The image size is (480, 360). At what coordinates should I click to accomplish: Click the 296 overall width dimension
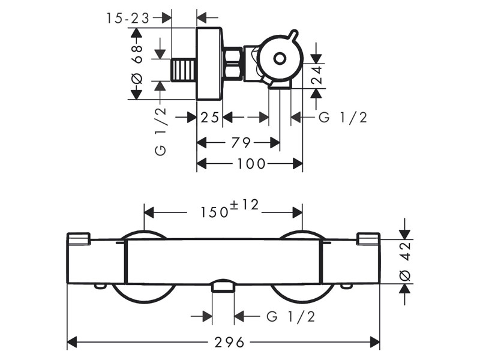pyautogui.click(x=229, y=343)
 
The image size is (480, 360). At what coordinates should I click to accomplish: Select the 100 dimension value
pyautogui.click(x=251, y=163)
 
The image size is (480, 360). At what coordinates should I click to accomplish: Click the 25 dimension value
pyautogui.click(x=210, y=118)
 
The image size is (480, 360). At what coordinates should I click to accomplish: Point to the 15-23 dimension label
pyautogui.click(x=128, y=19)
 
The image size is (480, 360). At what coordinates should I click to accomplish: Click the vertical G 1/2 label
pyautogui.click(x=160, y=132)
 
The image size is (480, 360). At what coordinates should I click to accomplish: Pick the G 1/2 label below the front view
pyautogui.click(x=291, y=316)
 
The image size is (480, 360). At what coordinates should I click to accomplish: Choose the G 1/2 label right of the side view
pyautogui.click(x=343, y=118)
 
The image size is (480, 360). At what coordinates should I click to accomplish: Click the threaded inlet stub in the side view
pyautogui.click(x=183, y=69)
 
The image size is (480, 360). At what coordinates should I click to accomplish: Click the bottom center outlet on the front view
pyautogui.click(x=223, y=286)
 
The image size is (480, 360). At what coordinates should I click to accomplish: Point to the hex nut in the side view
pyautogui.click(x=232, y=64)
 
